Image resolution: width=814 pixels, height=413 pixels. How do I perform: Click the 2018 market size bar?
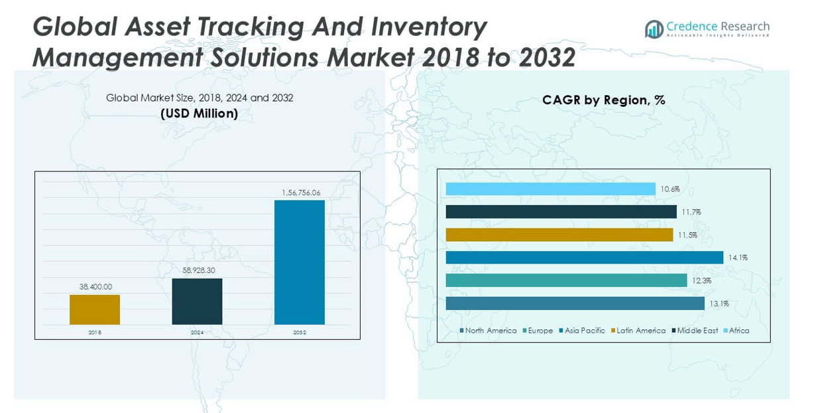click(x=95, y=309)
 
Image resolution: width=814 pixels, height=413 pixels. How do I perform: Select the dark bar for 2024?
click(x=197, y=301)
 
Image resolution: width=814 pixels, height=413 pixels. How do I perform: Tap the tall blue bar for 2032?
click(x=300, y=262)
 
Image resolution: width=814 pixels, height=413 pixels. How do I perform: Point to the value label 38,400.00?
click(x=95, y=287)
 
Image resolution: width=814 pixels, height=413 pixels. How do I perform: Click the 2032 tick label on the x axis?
click(x=300, y=332)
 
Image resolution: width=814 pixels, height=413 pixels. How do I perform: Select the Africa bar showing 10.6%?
click(x=550, y=189)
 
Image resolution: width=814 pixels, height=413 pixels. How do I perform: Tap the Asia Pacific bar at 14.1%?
click(x=584, y=258)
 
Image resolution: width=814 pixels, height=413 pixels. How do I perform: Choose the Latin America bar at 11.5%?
click(x=559, y=235)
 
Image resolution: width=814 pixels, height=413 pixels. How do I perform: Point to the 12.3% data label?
click(x=701, y=281)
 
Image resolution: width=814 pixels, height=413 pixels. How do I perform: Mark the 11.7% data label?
click(x=691, y=212)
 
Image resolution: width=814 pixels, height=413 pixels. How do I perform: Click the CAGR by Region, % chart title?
click(x=603, y=100)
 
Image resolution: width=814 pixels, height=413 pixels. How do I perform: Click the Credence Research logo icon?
click(x=654, y=29)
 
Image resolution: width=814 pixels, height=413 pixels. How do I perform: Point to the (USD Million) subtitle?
click(x=199, y=114)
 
